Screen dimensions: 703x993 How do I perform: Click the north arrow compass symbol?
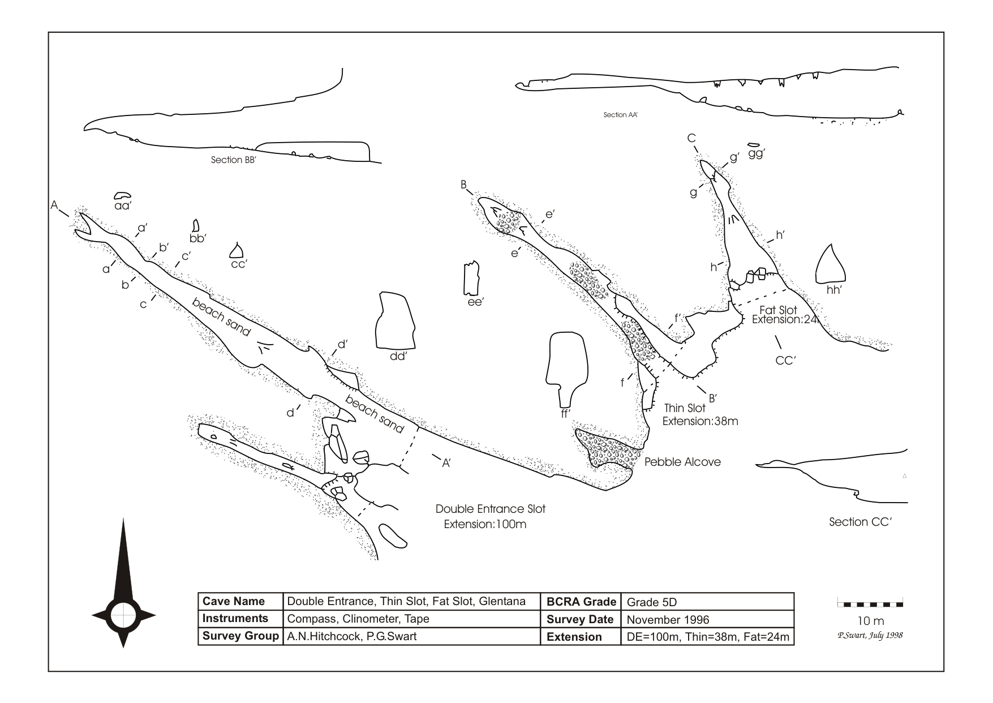(x=123, y=614)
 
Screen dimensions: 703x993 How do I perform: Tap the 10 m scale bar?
(x=870, y=604)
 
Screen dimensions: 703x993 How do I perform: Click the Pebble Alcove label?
(x=683, y=462)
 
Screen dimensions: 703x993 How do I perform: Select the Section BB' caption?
(x=234, y=160)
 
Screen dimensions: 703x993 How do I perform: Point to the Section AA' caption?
(x=621, y=115)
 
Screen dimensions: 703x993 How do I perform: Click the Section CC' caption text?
(x=860, y=522)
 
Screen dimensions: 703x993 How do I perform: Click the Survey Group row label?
(x=240, y=636)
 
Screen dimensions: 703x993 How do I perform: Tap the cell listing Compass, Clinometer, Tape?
(x=358, y=619)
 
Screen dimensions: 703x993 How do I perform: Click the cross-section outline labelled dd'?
(x=394, y=320)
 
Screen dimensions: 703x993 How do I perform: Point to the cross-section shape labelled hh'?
(x=831, y=266)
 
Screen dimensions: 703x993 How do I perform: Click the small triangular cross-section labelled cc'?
(x=237, y=250)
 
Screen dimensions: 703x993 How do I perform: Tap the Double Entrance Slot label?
(x=490, y=509)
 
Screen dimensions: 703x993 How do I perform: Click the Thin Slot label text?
(x=685, y=408)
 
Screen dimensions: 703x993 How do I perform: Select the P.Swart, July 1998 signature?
(x=870, y=635)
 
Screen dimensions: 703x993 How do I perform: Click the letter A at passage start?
(x=55, y=205)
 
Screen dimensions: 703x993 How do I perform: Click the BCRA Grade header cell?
(x=581, y=602)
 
